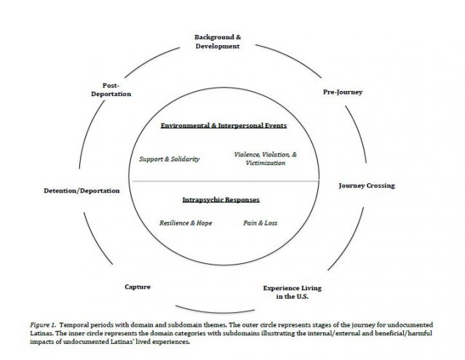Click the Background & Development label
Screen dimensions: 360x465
pos(216,41)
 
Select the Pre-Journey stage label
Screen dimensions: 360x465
pos(342,92)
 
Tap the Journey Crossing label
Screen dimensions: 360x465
pos(367,185)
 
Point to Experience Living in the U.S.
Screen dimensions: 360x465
pos(292,292)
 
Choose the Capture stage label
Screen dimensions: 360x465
pos(138,287)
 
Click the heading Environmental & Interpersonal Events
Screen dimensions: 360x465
pos(223,125)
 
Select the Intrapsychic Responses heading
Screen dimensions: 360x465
pos(220,199)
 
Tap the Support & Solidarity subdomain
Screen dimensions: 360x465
pos(169,159)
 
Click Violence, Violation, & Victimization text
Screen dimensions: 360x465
pos(265,159)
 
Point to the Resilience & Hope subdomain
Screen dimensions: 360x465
pos(186,223)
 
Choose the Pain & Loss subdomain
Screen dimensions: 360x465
pos(260,223)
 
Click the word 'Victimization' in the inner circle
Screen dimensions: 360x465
pos(265,163)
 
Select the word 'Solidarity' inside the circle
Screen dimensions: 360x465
pos(183,159)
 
